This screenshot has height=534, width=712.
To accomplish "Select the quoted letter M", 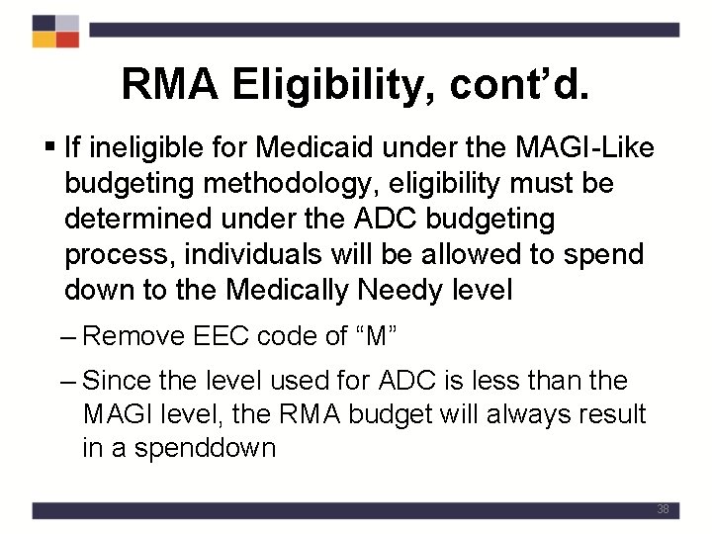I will coord(375,335).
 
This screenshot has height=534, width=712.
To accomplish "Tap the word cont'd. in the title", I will coord(520,84).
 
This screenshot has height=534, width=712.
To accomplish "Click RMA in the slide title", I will coord(169,84).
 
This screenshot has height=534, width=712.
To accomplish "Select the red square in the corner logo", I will coord(67,40).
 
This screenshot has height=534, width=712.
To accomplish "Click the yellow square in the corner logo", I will coord(44,40).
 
